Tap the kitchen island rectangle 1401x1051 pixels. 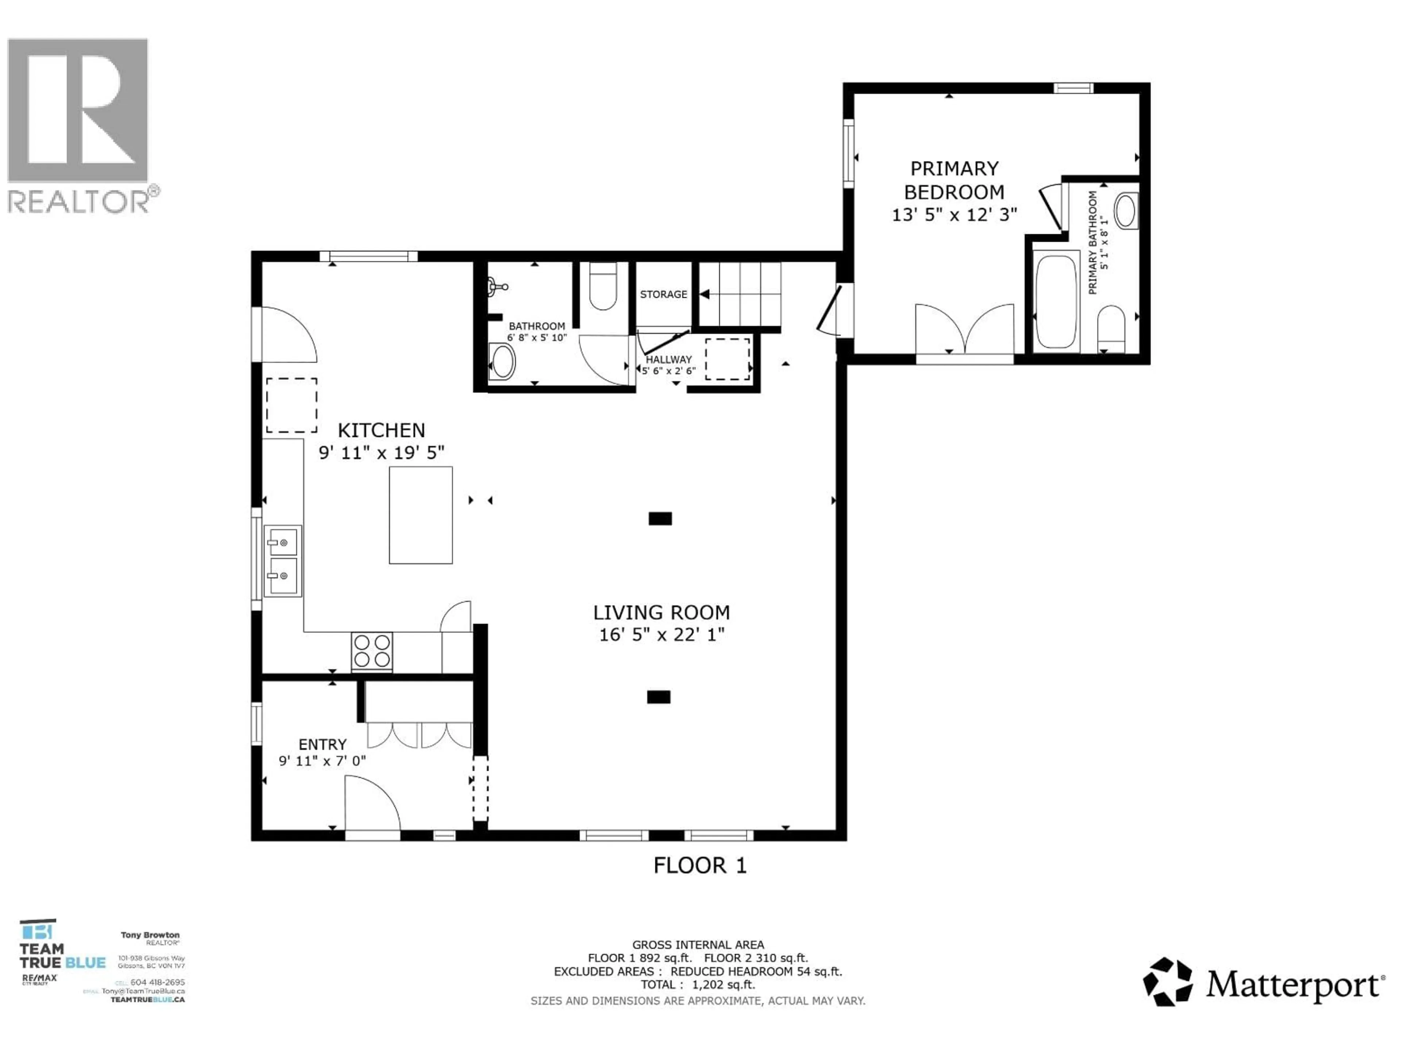(x=421, y=515)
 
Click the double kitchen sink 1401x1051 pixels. (x=282, y=560)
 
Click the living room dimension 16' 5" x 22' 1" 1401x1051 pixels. (x=661, y=634)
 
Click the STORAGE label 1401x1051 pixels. (x=663, y=294)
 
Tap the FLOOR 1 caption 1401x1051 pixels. (x=700, y=865)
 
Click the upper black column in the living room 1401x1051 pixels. (x=660, y=518)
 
